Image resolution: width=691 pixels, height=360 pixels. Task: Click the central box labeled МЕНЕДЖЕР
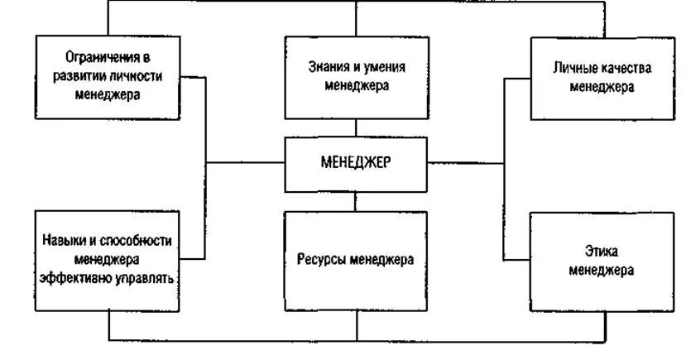point(356,164)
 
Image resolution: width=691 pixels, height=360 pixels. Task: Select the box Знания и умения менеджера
point(356,77)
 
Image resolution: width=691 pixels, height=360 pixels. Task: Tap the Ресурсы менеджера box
point(356,260)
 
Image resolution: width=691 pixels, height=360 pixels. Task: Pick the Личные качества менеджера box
point(602,77)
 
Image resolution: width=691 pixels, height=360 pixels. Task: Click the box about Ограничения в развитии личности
point(108,76)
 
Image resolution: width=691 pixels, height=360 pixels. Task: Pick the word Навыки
point(64,241)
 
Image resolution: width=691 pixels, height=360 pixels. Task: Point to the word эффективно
point(76,278)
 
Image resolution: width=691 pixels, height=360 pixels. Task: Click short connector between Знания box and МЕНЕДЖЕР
point(357,128)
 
